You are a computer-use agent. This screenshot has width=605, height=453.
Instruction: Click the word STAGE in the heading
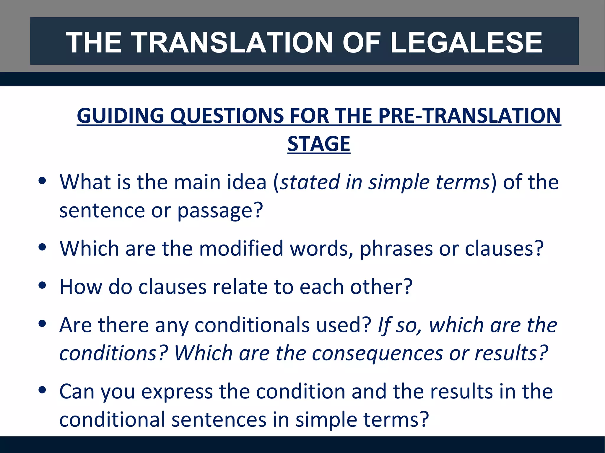pyautogui.click(x=319, y=144)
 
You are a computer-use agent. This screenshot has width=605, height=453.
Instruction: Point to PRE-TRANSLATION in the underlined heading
pyautogui.click(x=469, y=115)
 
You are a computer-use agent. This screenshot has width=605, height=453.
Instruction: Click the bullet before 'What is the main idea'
pyautogui.click(x=42, y=180)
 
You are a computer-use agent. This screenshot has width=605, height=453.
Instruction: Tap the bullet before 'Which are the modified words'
pyautogui.click(x=42, y=247)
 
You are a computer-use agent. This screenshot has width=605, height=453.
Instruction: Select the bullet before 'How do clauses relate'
pyautogui.click(x=42, y=285)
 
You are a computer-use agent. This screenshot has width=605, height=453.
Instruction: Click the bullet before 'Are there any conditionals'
pyautogui.click(x=42, y=324)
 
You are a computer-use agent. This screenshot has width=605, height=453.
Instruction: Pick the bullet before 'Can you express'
pyautogui.click(x=42, y=390)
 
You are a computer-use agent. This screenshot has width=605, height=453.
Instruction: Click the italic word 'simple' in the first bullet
pyautogui.click(x=399, y=182)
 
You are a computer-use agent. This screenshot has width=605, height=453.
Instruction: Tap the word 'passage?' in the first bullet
pyautogui.click(x=220, y=211)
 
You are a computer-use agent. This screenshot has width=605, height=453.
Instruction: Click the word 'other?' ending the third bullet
pyautogui.click(x=381, y=287)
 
